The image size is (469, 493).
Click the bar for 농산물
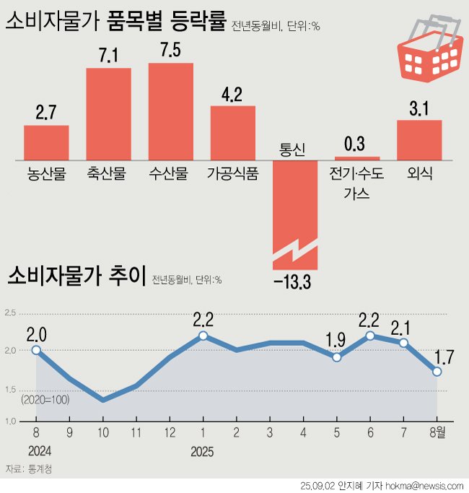click(x=46, y=142)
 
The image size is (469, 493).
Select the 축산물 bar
click(x=108, y=113)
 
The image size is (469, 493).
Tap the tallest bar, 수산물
click(x=170, y=111)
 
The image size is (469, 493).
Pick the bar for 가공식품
click(x=232, y=132)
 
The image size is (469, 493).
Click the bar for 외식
click(x=419, y=139)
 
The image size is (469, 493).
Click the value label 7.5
click(x=171, y=53)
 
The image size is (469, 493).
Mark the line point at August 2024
click(x=36, y=350)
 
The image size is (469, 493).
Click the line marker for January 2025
click(x=203, y=336)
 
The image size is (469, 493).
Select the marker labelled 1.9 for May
click(x=336, y=357)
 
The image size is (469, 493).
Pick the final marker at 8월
click(x=437, y=371)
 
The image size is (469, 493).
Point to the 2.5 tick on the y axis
click(x=10, y=313)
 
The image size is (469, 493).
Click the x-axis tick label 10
click(x=103, y=433)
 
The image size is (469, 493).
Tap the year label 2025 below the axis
click(x=202, y=452)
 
